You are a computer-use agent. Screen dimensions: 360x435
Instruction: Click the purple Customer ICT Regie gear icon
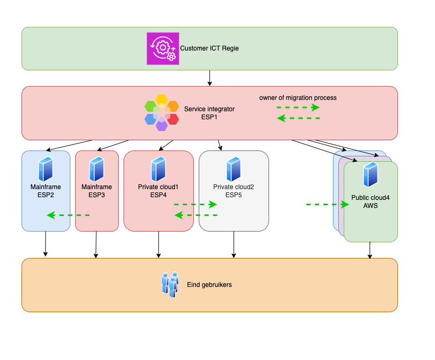click(163, 48)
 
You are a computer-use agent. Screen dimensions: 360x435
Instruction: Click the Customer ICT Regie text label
click(209, 48)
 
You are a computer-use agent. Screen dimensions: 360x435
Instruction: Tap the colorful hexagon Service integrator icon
click(162, 113)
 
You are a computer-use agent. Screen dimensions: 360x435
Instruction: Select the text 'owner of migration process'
click(298, 98)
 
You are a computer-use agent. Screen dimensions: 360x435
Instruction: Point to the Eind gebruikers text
click(209, 285)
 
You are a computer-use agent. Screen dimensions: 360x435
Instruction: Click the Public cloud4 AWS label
click(371, 201)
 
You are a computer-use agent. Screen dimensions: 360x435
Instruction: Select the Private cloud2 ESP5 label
click(234, 191)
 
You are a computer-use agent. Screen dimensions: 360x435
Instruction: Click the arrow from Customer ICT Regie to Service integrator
click(209, 78)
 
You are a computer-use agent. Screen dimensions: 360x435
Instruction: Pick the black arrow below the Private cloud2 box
click(234, 244)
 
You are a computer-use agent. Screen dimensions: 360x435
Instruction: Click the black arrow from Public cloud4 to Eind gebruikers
click(369, 250)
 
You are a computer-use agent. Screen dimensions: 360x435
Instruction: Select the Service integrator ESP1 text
click(209, 112)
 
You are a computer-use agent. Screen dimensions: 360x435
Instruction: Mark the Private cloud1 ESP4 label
click(158, 191)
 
